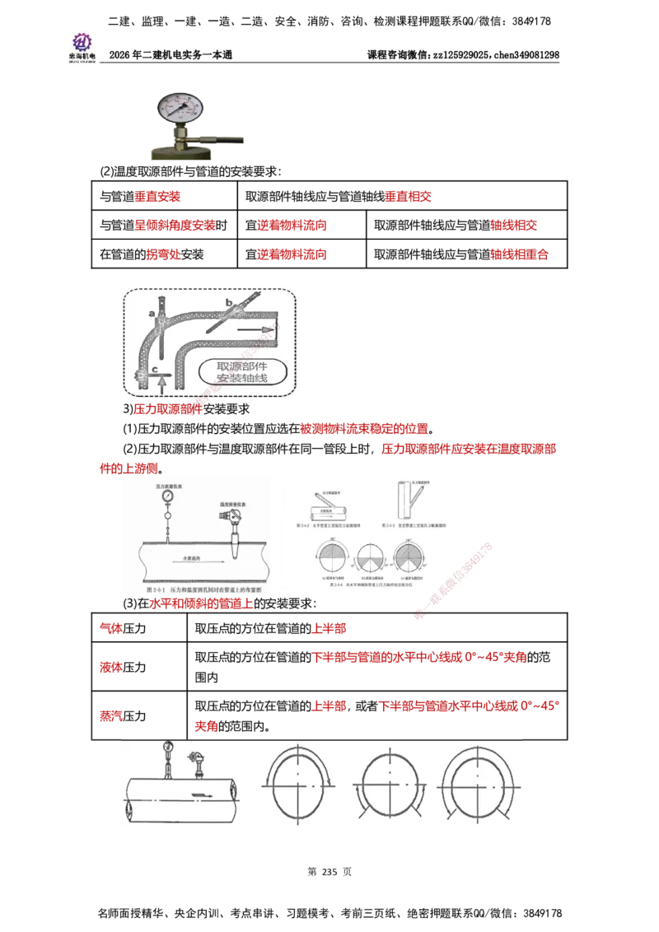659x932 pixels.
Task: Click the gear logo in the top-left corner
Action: pos(82,41)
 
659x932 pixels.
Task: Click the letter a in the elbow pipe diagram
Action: pos(152,314)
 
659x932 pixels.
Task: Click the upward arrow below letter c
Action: pos(161,383)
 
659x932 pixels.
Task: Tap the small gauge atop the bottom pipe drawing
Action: pos(168,748)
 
